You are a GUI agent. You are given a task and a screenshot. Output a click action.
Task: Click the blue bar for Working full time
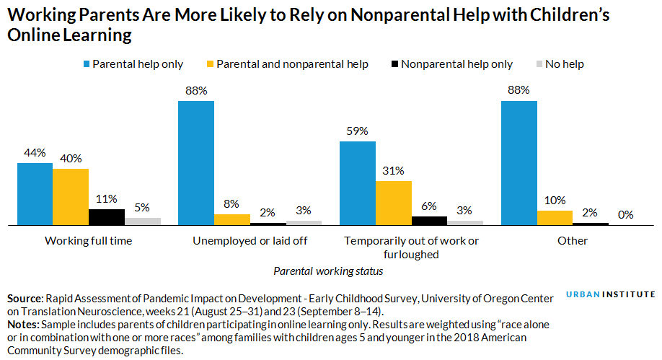point(35,194)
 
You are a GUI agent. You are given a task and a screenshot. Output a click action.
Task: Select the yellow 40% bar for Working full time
point(71,197)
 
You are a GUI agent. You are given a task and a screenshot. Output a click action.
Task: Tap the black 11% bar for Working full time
point(106,217)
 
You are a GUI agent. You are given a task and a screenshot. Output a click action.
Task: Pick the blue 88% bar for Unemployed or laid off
point(196,163)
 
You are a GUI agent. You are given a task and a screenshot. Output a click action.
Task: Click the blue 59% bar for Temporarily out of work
point(358,183)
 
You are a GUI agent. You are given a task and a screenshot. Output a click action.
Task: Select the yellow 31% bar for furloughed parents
point(393,203)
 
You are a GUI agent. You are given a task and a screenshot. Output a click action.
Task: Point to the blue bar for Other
point(518,163)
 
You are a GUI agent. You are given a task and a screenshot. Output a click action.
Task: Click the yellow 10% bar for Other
point(555,218)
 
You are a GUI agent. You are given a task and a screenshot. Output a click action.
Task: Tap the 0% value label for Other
point(626,214)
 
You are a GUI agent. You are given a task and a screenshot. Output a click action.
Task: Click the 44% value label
point(35,153)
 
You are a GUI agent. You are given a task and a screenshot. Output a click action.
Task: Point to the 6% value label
point(429,206)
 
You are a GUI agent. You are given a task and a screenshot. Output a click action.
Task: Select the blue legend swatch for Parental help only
point(87,64)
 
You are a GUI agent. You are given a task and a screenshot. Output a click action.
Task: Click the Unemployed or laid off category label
point(250,241)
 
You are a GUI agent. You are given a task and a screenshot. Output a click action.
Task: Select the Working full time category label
point(89,241)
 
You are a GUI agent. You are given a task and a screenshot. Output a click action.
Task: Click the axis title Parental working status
point(328,271)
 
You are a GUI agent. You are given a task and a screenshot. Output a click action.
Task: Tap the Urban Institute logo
point(610,294)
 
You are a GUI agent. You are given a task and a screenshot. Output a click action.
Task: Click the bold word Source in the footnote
point(24,298)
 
